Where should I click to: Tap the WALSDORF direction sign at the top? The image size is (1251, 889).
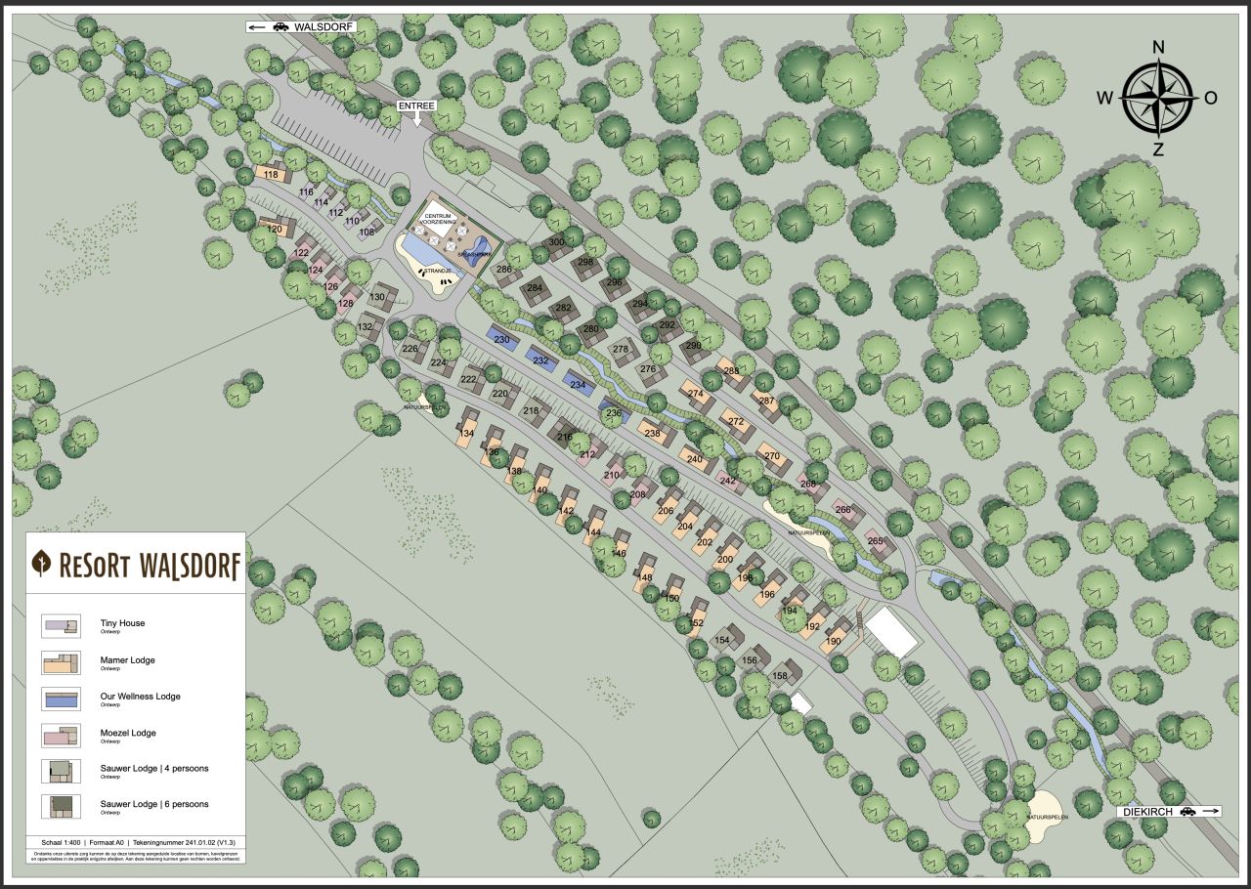[301, 26]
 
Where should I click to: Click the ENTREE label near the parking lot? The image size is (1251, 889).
[416, 105]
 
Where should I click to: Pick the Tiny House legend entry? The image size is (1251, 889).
[122, 623]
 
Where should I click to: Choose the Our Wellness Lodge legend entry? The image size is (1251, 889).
[140, 697]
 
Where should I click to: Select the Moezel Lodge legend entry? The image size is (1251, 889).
[127, 733]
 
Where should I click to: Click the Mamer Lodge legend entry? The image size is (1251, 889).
[127, 660]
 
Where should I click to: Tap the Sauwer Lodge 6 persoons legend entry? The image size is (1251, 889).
[153, 805]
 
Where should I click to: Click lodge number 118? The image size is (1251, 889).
[272, 175]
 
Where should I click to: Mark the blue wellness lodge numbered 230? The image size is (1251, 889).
[501, 339]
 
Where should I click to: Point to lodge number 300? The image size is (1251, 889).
[557, 242]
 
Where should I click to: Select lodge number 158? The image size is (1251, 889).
[780, 675]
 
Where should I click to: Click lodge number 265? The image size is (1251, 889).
[875, 541]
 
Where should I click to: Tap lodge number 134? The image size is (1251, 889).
[467, 433]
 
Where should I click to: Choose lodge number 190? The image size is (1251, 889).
[833, 641]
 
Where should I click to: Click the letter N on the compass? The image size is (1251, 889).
[1158, 47]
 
